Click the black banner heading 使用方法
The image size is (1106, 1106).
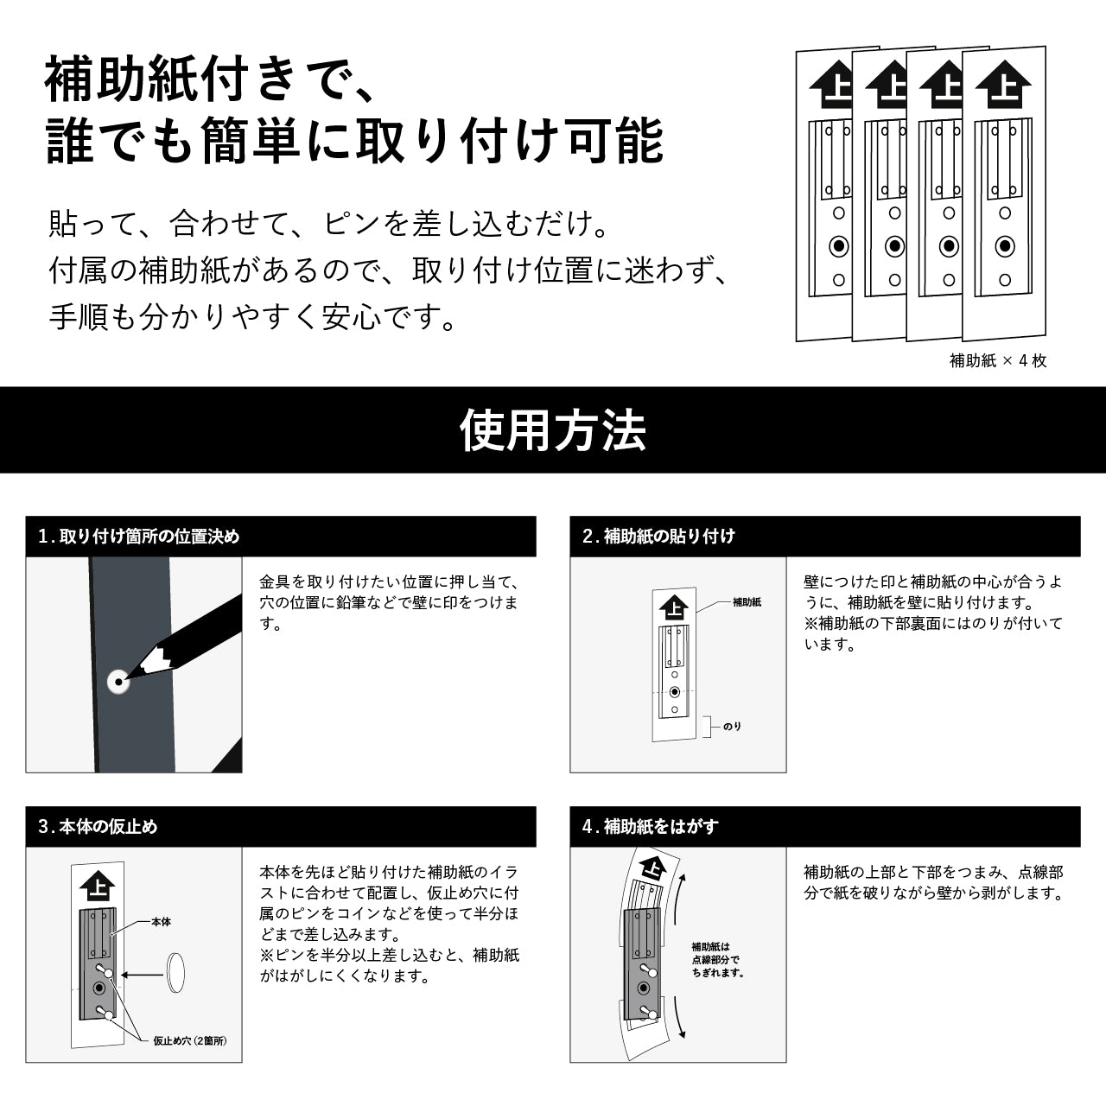553,430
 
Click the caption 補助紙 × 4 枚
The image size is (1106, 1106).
998,360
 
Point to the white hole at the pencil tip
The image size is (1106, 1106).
118,683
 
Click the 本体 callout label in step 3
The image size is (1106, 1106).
161,922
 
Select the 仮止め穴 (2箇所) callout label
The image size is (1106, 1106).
190,1040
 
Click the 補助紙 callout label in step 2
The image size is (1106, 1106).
747,602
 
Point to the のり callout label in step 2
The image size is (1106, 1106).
733,726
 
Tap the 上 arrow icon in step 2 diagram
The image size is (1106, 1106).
674,607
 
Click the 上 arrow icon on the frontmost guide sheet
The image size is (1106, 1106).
1004,85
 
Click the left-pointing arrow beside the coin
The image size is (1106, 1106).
143,975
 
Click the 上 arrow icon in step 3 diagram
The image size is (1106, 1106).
98,887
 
